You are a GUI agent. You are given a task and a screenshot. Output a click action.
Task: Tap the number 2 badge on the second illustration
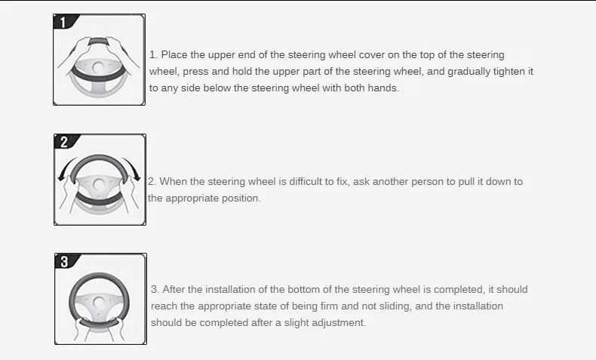tap(65, 142)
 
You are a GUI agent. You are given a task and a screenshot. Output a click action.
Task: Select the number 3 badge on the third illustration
tap(66, 261)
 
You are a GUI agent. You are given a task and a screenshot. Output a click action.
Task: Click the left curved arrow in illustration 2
tap(65, 168)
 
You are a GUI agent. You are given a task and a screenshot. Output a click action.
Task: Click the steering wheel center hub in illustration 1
tap(98, 67)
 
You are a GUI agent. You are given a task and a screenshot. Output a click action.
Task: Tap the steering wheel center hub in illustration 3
tap(99, 303)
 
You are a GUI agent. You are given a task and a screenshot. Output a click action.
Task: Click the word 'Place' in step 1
tap(174, 55)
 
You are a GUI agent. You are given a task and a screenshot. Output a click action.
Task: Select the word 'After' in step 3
tap(174, 289)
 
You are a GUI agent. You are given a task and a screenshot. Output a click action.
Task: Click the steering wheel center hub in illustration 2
tap(99, 185)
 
